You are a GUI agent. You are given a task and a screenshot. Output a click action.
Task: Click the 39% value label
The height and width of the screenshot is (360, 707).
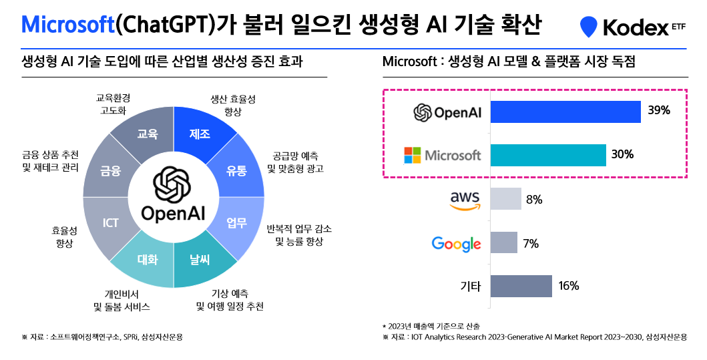tap(658, 111)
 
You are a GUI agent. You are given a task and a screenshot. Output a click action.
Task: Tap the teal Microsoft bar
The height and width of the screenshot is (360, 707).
tap(548, 155)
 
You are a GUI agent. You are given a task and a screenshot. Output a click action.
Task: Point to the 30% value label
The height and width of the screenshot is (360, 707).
tap(622, 155)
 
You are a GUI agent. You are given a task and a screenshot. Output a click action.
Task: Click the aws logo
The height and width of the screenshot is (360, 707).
tap(465, 200)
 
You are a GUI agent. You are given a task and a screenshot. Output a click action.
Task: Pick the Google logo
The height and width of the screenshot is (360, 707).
tap(457, 243)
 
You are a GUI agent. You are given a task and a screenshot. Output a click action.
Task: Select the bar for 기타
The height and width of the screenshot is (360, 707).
tap(521, 286)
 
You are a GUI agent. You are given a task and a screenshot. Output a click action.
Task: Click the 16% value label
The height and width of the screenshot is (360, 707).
tap(568, 286)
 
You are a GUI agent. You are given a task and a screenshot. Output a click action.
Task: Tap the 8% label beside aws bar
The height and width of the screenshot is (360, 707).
tap(534, 199)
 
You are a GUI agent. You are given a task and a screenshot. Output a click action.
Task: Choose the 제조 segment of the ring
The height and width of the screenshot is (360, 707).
tap(200, 134)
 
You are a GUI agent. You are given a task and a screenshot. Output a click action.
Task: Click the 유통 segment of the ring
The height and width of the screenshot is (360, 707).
tap(236, 170)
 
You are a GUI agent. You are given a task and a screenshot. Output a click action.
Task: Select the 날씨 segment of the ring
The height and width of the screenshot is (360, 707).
tap(200, 260)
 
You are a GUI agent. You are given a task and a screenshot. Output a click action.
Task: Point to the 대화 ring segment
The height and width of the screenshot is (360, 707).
tap(147, 260)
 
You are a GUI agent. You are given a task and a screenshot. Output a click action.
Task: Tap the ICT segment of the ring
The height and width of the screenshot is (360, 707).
tap(111, 222)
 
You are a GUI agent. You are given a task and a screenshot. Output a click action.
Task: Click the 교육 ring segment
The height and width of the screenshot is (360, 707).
tap(147, 134)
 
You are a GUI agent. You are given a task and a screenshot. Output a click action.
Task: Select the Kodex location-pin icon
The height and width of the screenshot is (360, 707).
tap(587, 27)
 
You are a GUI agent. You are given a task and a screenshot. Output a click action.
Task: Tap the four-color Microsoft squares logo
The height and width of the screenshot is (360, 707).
tap(413, 155)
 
